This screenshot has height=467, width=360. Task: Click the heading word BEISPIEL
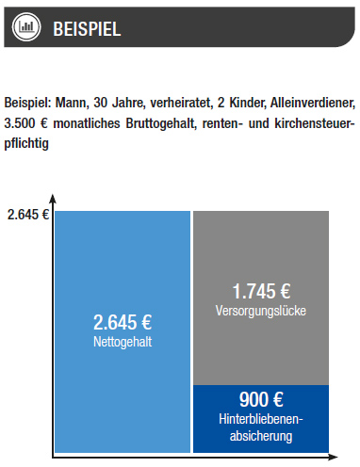coord(87,27)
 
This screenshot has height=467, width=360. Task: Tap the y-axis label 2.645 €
coord(27,214)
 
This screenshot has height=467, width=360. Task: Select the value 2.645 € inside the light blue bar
coord(123,325)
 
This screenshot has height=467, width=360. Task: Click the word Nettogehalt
coord(123,343)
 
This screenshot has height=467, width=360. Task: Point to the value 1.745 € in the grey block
coord(261,292)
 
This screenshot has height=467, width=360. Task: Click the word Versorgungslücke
coord(261,310)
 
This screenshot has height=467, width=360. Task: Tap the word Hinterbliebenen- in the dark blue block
coord(261,420)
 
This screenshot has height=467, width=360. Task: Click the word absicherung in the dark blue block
coord(261,436)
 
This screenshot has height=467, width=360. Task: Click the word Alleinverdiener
coord(315,103)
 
